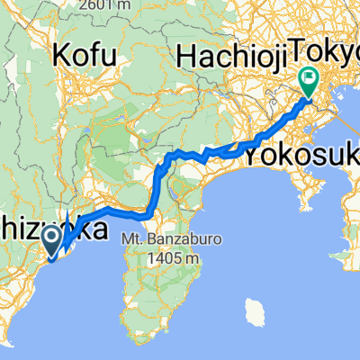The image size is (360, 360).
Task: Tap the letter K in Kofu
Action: coord(63,57)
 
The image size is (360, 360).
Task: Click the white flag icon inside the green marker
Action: coord(309,78)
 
